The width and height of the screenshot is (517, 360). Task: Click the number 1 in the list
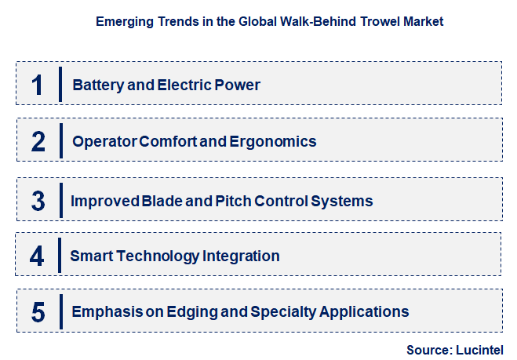click(37, 85)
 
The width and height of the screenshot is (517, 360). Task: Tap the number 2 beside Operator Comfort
click(38, 142)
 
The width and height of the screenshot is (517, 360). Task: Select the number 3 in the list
click(38, 200)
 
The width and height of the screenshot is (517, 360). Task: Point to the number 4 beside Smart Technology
click(38, 256)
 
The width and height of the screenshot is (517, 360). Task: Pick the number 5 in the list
click(38, 312)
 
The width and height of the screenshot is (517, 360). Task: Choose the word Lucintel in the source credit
click(479, 350)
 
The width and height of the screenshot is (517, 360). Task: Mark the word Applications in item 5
click(365, 312)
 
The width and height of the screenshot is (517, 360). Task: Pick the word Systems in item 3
click(340, 201)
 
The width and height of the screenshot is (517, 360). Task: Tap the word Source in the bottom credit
click(428, 350)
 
